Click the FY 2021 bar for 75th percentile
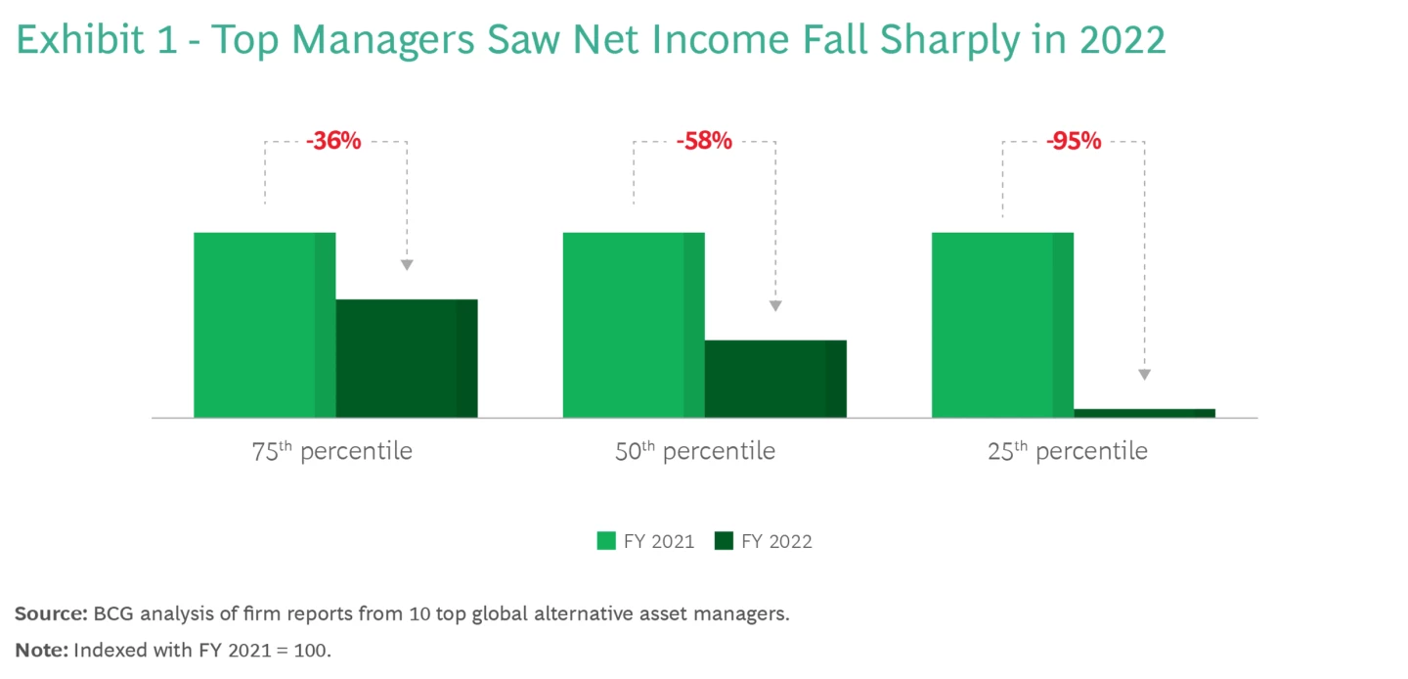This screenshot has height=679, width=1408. coord(264,325)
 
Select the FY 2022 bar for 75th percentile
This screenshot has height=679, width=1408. coord(407,358)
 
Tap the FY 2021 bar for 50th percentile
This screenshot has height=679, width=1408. coord(633,325)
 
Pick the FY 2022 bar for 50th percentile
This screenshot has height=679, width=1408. coord(775,379)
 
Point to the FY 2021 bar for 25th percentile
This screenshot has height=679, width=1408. coord(1002,325)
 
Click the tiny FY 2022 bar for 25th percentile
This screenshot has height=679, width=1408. coord(1144,413)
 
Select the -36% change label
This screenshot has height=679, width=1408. coord(333,142)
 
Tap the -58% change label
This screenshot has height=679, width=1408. coord(703,142)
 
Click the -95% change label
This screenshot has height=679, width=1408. coord(1073,142)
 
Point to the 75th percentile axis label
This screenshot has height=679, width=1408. coord(332,451)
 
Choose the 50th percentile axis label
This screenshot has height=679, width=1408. coord(695,451)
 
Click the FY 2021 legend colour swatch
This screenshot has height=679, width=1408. coord(606,541)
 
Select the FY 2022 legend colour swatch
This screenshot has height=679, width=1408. coord(724,541)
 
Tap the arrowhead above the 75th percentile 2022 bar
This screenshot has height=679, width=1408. coord(407,265)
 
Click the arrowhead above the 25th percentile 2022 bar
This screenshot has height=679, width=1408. coord(1144,375)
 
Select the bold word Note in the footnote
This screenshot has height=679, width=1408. coord(41,649)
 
